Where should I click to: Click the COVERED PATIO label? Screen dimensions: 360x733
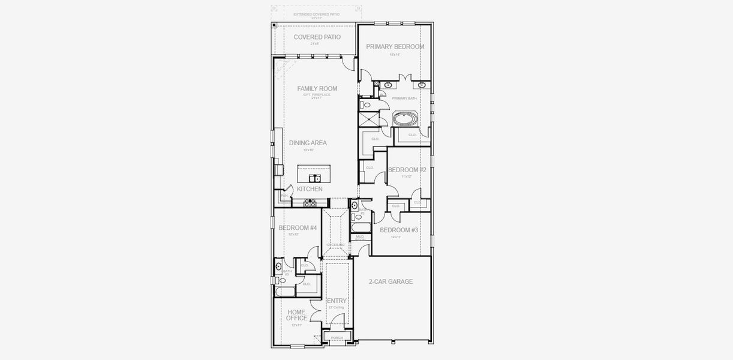coord(317,37)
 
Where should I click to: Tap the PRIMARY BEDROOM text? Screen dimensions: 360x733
coord(395,47)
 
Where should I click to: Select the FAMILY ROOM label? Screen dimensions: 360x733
coord(317,89)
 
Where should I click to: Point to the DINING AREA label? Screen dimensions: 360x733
coord(308,143)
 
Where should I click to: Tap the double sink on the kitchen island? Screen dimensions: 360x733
coord(315,178)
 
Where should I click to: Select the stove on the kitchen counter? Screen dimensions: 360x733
coord(310,204)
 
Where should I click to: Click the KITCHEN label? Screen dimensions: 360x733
coord(310,189)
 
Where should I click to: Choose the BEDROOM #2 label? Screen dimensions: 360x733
coord(407,170)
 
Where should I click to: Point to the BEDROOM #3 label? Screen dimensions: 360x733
coord(398,230)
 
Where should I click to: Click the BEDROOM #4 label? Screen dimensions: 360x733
coord(298,228)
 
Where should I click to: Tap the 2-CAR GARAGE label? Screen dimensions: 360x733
coord(391,281)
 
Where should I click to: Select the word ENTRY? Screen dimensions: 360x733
coord(337,301)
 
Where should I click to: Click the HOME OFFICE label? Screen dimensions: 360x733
coord(296,315)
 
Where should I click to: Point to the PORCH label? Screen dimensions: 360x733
coord(337,338)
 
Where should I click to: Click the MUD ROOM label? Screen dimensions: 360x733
coord(360,238)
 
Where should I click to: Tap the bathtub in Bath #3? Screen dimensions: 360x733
coord(285,292)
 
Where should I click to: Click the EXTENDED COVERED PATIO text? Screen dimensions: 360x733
coord(316,14)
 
